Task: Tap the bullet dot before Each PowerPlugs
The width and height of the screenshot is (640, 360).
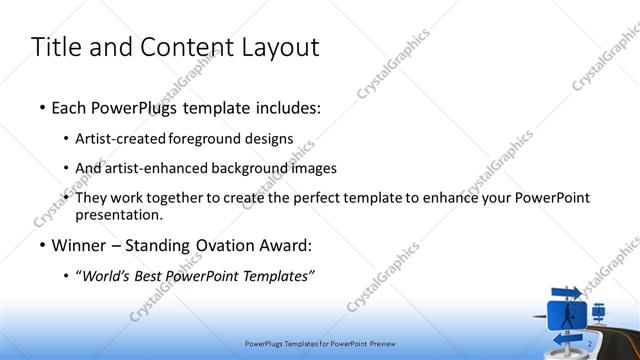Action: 41,106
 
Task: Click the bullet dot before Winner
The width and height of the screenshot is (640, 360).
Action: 41,246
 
